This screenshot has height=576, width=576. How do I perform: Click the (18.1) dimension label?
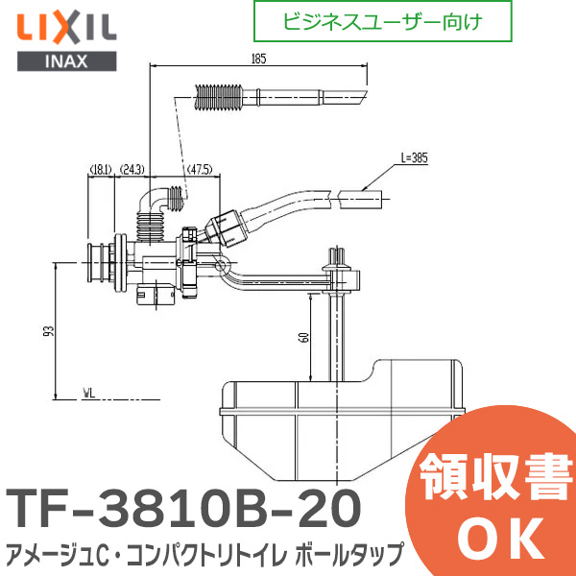point(102,170)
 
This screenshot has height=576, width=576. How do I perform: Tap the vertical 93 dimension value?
point(49,331)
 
